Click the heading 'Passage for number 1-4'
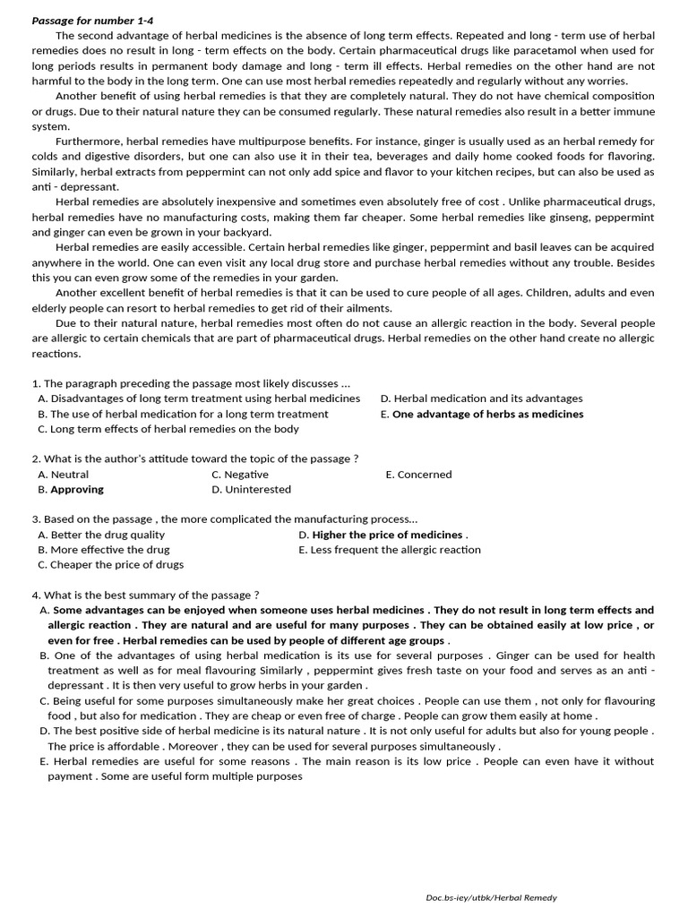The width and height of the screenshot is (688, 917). (86, 21)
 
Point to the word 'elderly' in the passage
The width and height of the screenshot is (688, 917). (52, 308)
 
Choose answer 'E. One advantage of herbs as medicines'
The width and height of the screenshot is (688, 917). (482, 414)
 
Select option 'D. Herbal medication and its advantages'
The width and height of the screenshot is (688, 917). (482, 399)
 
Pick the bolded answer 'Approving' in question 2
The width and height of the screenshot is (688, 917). (76, 490)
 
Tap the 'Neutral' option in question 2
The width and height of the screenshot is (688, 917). (69, 475)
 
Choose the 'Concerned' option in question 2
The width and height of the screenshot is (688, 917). (424, 475)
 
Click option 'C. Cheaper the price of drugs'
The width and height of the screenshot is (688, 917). (110, 565)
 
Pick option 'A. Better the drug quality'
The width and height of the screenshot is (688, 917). (101, 535)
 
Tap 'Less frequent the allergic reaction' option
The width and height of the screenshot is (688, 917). (395, 550)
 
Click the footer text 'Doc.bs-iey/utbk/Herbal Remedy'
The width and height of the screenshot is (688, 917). (491, 897)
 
